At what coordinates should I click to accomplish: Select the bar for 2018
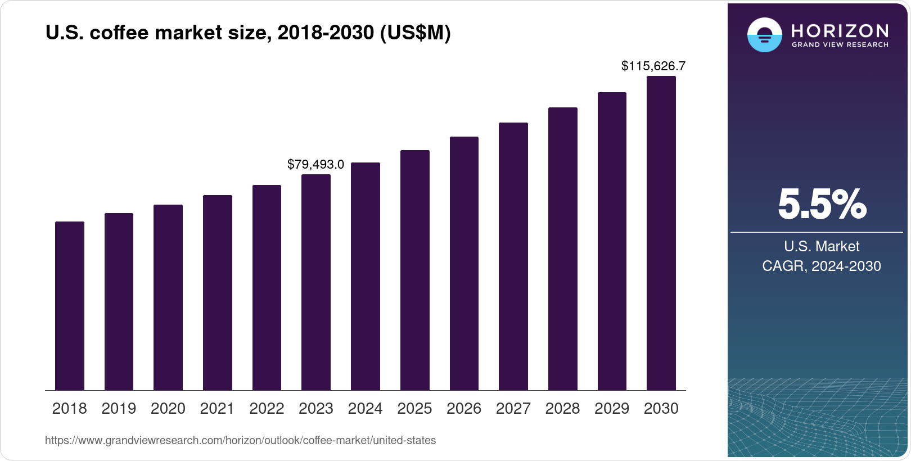70,306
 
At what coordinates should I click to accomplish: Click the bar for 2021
218,292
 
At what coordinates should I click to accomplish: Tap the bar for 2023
316,282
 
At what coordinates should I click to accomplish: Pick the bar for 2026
464,263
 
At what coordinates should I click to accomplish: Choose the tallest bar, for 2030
661,233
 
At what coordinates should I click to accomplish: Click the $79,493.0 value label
315,164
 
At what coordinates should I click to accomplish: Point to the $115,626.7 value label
653,66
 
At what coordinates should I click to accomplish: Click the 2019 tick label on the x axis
119,409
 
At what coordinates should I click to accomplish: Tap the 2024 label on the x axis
365,409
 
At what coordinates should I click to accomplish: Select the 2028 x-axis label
562,409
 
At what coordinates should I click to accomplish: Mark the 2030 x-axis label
661,409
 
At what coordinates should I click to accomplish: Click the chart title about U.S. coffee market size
248,33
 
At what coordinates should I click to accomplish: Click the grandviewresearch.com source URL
240,441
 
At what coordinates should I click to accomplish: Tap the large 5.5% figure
822,205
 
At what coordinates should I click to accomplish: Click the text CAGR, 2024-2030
821,266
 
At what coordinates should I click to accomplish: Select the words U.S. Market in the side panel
822,246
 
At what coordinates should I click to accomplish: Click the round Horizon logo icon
764,35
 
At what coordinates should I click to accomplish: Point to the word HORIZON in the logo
840,30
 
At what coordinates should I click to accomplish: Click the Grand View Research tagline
840,44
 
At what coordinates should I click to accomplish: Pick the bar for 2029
612,241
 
